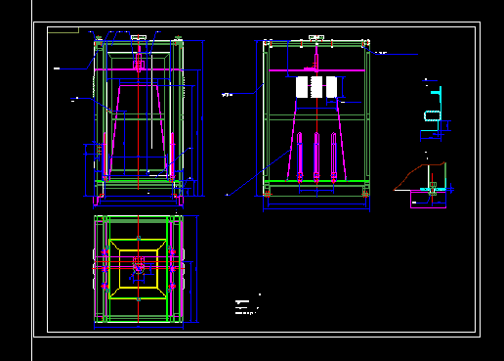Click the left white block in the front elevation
302,87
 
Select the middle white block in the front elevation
316,87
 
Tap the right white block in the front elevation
331,87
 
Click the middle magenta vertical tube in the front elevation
316,156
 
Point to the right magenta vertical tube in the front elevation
333,156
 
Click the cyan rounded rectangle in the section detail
432,116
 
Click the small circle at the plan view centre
139,265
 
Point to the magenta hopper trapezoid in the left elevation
138,127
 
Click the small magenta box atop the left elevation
138,66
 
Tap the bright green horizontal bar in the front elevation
316,117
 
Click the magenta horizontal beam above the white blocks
316,71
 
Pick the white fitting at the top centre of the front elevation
316,38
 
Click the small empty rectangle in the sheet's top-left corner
63,29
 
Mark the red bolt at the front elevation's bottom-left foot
267,194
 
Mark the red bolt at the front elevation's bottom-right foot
365,194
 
